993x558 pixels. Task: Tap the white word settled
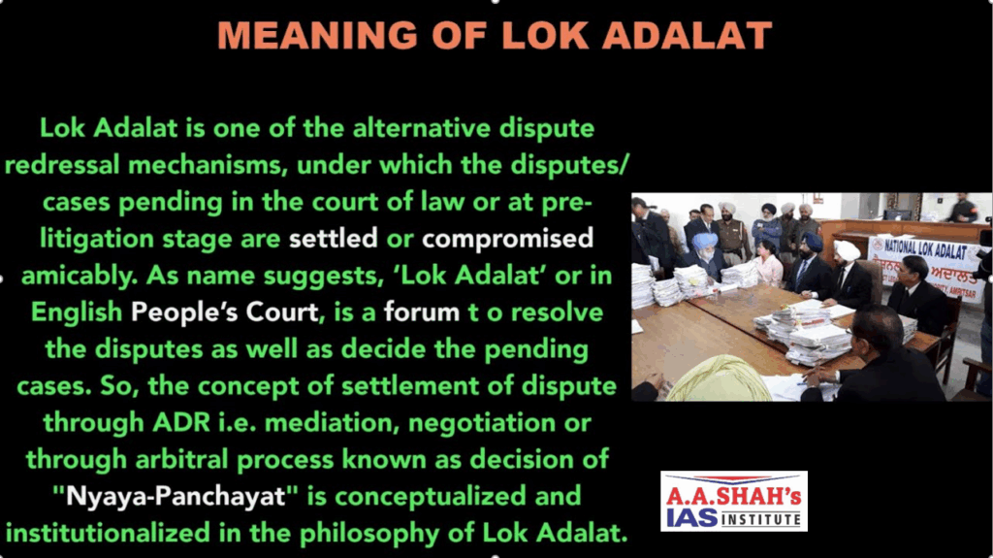[334, 239]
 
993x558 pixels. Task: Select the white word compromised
[507, 240]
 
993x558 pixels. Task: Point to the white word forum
[422, 312]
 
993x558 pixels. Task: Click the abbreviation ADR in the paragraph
[181, 422]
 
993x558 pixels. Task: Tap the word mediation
[332, 423]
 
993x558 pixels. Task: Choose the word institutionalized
[108, 533]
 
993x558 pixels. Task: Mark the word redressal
[62, 165]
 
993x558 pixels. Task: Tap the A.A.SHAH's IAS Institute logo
[733, 501]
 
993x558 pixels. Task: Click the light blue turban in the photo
[705, 241]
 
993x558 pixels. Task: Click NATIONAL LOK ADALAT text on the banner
[924, 249]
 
